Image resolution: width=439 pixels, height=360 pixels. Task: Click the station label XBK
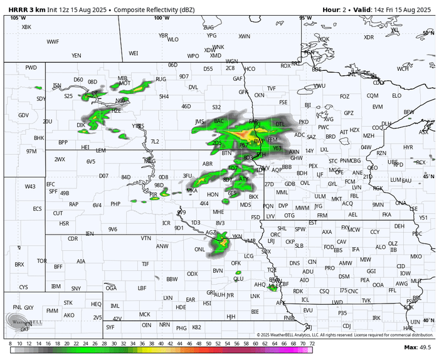(26, 27)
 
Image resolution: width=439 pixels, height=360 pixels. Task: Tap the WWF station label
(53, 42)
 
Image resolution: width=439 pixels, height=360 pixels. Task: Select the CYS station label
(24, 287)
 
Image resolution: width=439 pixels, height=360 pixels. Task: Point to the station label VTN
(145, 238)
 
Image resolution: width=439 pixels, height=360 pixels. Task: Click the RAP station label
(74, 204)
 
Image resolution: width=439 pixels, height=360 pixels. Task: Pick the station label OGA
(111, 288)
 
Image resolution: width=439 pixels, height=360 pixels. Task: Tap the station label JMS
(200, 121)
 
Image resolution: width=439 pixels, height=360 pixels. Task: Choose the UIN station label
(415, 322)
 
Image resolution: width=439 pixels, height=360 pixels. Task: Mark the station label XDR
(369, 37)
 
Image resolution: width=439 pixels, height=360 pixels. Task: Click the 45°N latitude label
(429, 177)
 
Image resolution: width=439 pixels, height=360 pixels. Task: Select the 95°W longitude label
(306, 18)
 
